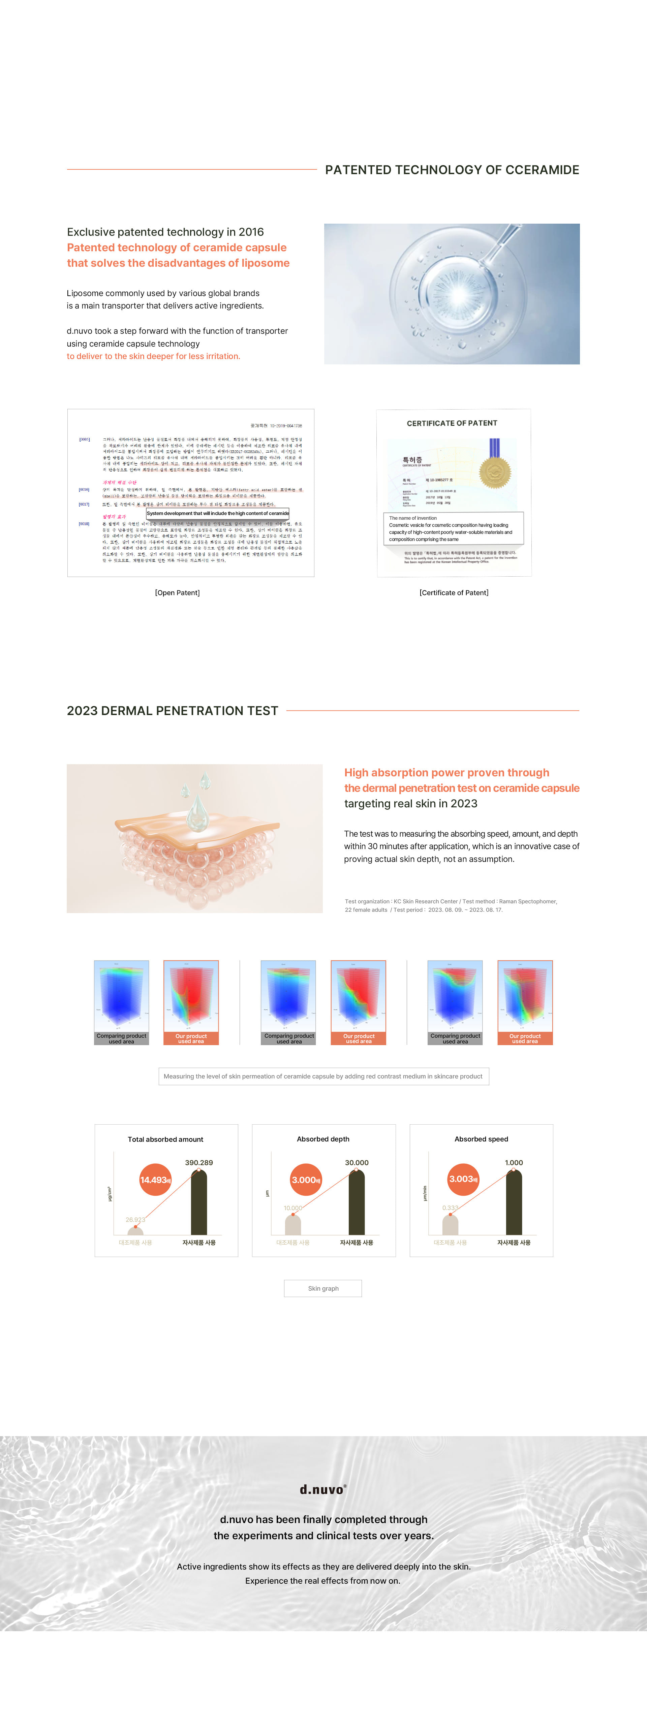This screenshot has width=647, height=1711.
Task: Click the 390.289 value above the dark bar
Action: (198, 1162)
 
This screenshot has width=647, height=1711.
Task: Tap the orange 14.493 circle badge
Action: (155, 1180)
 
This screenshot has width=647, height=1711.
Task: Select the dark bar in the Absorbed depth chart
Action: (357, 1202)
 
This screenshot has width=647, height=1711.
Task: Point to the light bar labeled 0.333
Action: (451, 1224)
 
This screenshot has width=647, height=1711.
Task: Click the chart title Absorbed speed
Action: (481, 1139)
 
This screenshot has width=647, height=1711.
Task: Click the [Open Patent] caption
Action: (177, 592)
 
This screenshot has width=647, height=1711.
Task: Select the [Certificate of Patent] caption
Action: (454, 592)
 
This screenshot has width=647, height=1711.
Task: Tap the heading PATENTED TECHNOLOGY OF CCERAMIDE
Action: (452, 170)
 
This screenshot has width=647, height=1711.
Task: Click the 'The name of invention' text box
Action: (453, 529)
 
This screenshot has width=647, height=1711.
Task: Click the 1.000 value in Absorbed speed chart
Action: (514, 1162)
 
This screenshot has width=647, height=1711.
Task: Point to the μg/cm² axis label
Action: (110, 1194)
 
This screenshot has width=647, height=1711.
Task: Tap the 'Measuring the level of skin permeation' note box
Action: (323, 1076)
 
